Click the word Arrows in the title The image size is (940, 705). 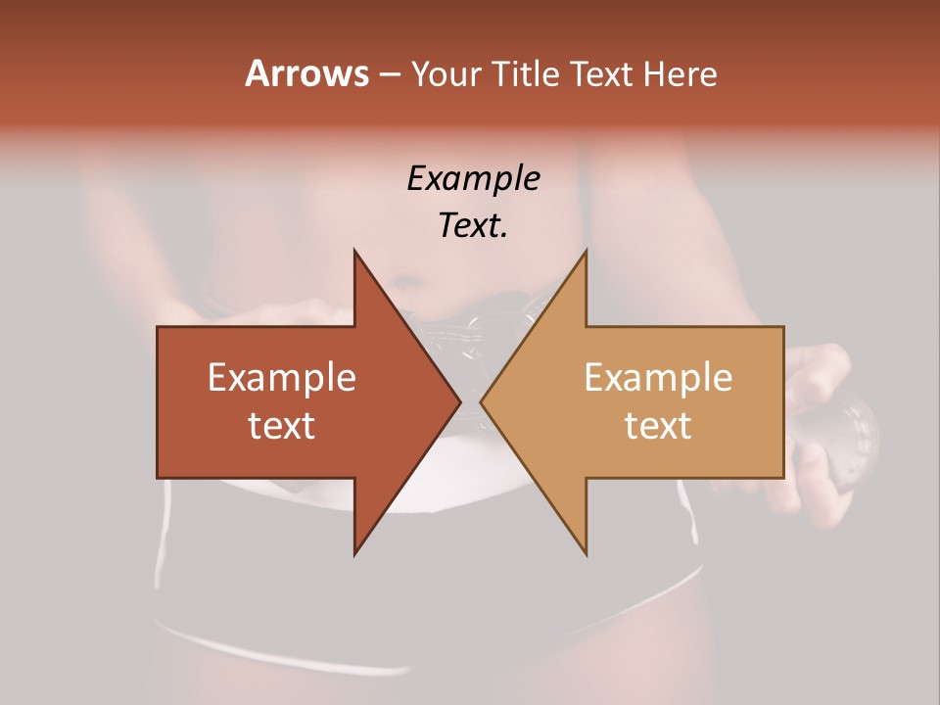(305, 73)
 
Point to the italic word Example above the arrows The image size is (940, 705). (473, 178)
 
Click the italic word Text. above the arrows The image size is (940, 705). (473, 225)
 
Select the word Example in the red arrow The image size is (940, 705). (282, 378)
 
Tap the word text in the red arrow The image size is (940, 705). (282, 425)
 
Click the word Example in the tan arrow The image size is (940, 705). (658, 378)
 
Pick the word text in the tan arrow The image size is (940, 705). (658, 425)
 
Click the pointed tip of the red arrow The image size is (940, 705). (459, 401)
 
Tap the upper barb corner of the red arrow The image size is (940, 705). (354, 251)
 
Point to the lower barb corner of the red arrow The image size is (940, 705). (354, 553)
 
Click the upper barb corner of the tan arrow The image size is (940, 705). (586, 251)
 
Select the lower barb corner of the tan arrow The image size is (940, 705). (586, 553)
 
